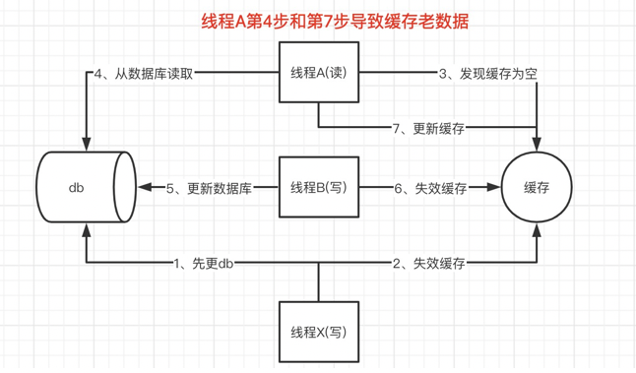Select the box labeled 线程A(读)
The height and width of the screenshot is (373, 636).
[x=318, y=74]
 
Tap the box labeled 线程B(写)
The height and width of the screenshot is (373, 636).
[x=318, y=187]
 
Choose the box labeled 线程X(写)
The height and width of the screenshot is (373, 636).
[x=318, y=332]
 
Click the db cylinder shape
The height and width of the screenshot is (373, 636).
[x=87, y=187]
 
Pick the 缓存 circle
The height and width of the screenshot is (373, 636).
[x=537, y=187]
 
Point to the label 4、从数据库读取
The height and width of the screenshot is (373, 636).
[x=144, y=73]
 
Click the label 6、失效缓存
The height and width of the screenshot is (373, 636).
[x=430, y=188]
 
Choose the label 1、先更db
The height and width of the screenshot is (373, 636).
[x=203, y=264]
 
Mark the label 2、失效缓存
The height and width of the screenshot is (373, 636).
[x=429, y=264]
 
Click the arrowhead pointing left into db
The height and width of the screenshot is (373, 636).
[x=145, y=187]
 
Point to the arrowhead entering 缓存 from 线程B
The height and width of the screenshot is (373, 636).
[x=495, y=187]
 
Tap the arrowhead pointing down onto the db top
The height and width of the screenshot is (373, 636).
[x=88, y=145]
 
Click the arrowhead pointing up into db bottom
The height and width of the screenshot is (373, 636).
[x=88, y=229]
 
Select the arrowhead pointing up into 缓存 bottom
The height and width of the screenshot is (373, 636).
[x=537, y=229]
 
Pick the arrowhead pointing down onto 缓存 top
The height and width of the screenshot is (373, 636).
[x=537, y=145]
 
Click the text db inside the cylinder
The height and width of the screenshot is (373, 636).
[x=77, y=187]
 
